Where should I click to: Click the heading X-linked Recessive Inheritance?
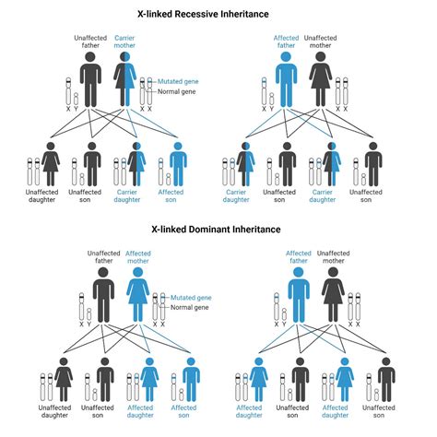(203, 14)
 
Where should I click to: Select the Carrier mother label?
(124, 41)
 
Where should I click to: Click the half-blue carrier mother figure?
(125, 79)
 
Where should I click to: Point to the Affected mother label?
(138, 257)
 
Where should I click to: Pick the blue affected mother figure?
(138, 295)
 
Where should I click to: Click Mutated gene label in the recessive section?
(178, 81)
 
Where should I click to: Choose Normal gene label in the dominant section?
(190, 307)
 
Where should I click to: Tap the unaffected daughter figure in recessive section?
(51, 164)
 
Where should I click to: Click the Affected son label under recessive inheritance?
(171, 195)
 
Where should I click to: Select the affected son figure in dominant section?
(191, 380)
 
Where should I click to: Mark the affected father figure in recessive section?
(286, 79)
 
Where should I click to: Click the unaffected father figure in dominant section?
(103, 295)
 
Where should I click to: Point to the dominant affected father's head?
(299, 272)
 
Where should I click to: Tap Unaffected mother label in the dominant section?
(334, 257)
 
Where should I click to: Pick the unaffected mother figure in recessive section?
(321, 79)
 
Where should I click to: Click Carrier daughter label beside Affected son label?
(127, 195)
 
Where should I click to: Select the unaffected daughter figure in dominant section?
(64, 380)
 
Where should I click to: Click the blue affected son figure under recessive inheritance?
(178, 164)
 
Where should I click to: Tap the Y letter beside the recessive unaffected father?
(76, 109)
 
